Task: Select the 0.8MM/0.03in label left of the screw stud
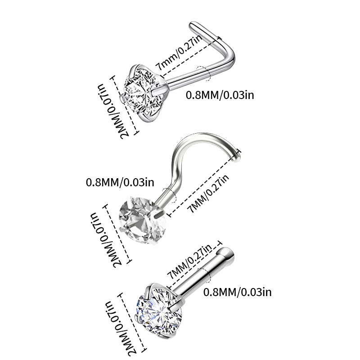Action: pyautogui.click(x=120, y=182)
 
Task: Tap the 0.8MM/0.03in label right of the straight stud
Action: pyautogui.click(x=237, y=292)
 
